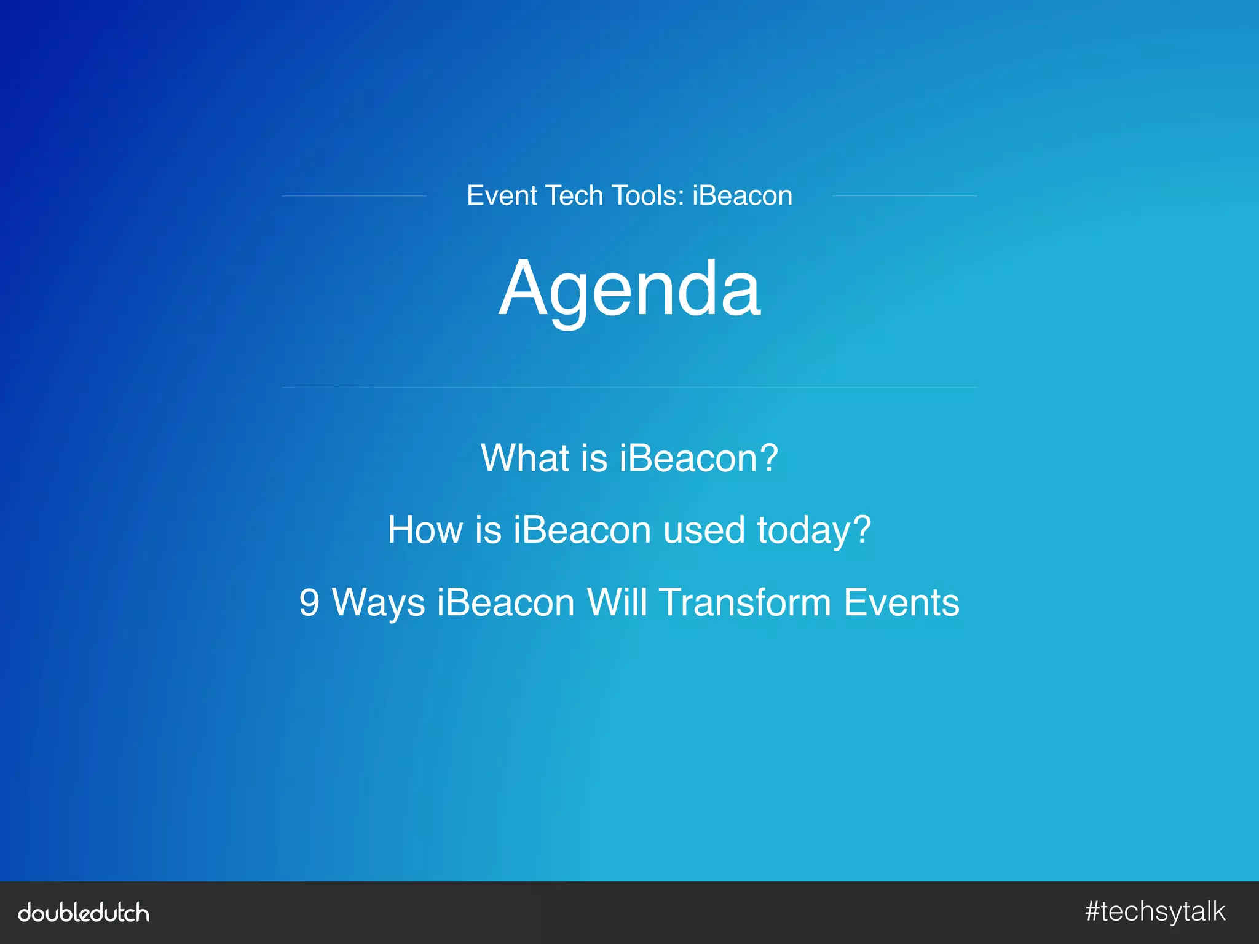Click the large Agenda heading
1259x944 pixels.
pyautogui.click(x=629, y=289)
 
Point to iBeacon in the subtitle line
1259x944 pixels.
pyautogui.click(x=742, y=195)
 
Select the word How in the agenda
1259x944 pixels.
pyautogui.click(x=425, y=530)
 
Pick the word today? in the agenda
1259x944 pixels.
pyautogui.click(x=814, y=531)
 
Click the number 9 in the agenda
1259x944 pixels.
pyautogui.click(x=309, y=602)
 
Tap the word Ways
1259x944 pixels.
pyautogui.click(x=378, y=604)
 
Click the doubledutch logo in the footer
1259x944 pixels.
pyautogui.click(x=84, y=913)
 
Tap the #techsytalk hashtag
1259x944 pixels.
pyautogui.click(x=1155, y=912)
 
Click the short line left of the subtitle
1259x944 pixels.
pyautogui.click(x=354, y=196)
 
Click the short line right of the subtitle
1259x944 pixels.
pyautogui.click(x=904, y=196)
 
